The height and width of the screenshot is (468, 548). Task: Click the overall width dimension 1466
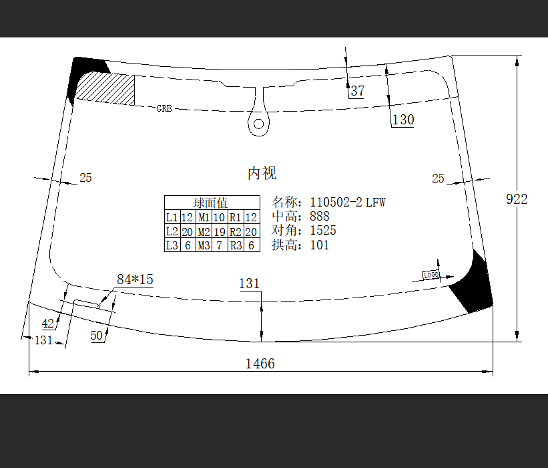(260, 364)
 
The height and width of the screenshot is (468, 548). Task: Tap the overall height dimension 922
(517, 199)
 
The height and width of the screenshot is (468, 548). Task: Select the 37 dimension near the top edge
(358, 91)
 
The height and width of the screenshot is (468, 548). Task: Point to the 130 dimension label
(403, 120)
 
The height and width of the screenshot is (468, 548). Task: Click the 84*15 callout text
(135, 279)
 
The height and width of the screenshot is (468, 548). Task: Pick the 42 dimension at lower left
(48, 324)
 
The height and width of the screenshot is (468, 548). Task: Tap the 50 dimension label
(97, 336)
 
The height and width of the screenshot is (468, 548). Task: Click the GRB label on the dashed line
(164, 108)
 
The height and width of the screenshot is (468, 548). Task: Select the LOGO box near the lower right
(431, 275)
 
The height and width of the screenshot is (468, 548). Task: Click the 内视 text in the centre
(262, 173)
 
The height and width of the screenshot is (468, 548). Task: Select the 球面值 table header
(210, 203)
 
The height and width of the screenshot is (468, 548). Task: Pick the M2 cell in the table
(204, 232)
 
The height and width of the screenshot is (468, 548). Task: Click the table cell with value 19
(220, 232)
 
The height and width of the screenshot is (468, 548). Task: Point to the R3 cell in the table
(236, 245)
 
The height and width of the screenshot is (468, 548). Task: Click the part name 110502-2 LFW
(348, 203)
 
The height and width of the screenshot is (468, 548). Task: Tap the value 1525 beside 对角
(323, 231)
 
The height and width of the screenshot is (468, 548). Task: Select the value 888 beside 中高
(320, 217)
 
